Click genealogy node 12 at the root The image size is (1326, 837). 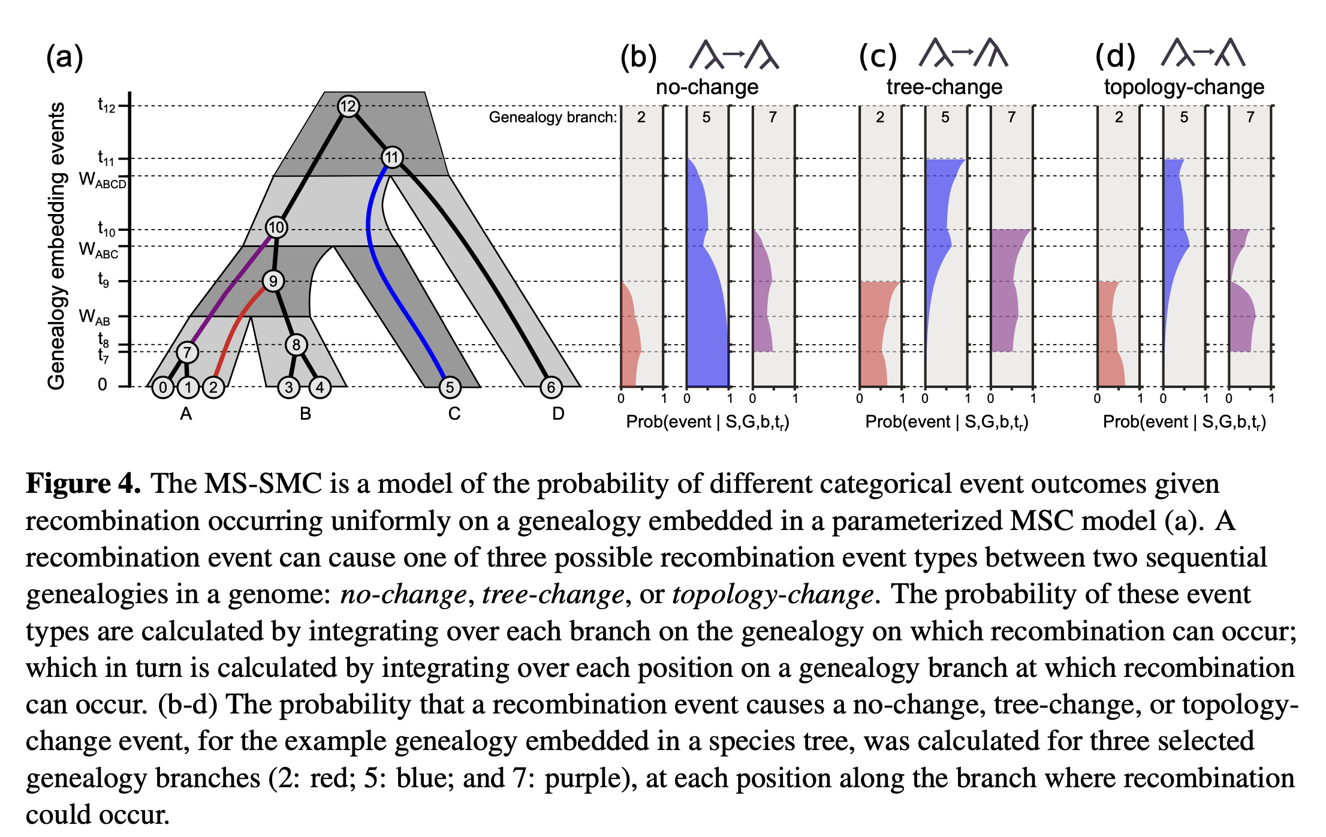coord(348,106)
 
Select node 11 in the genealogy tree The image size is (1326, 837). coord(392,158)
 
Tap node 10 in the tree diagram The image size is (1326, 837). coord(276,228)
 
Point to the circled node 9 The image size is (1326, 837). coord(273,281)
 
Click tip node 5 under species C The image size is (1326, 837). coord(450,387)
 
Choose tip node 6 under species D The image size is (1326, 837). coord(551,387)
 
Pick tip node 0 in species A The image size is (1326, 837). coord(162,387)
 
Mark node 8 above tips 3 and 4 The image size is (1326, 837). coord(296,345)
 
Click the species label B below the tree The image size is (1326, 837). coord(305,414)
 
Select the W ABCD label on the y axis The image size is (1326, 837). coord(103,180)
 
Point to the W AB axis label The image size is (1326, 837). coord(95,317)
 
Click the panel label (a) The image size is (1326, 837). coord(65,58)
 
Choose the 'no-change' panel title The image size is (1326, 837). coord(707,88)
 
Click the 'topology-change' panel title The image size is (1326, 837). coord(1184,88)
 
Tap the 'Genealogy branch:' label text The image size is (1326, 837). coord(552,117)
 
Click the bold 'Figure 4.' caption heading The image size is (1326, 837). coord(83,483)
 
